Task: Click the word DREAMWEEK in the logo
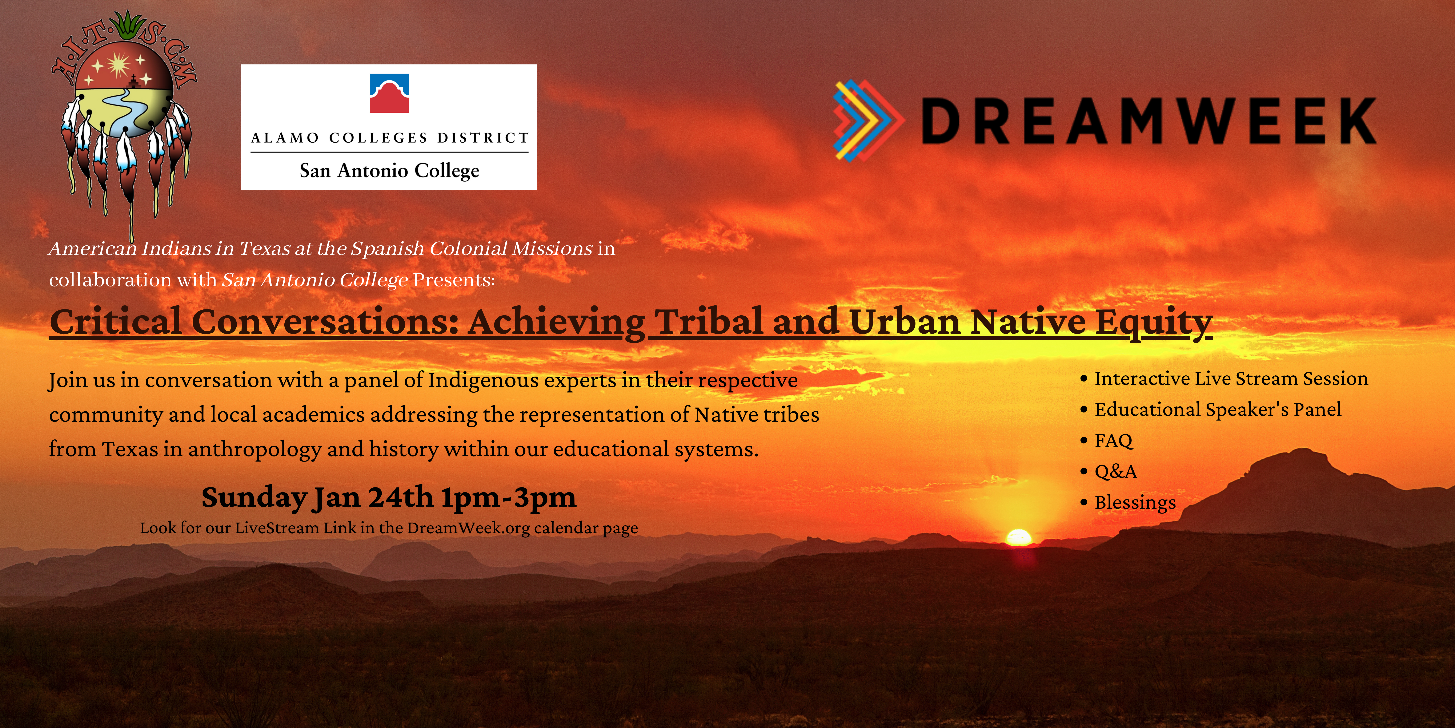[1148, 120]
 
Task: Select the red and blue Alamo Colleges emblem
[389, 93]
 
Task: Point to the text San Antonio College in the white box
[389, 170]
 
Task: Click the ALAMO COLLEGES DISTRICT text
[390, 138]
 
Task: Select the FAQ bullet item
[1113, 440]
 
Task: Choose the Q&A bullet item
[1115, 471]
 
